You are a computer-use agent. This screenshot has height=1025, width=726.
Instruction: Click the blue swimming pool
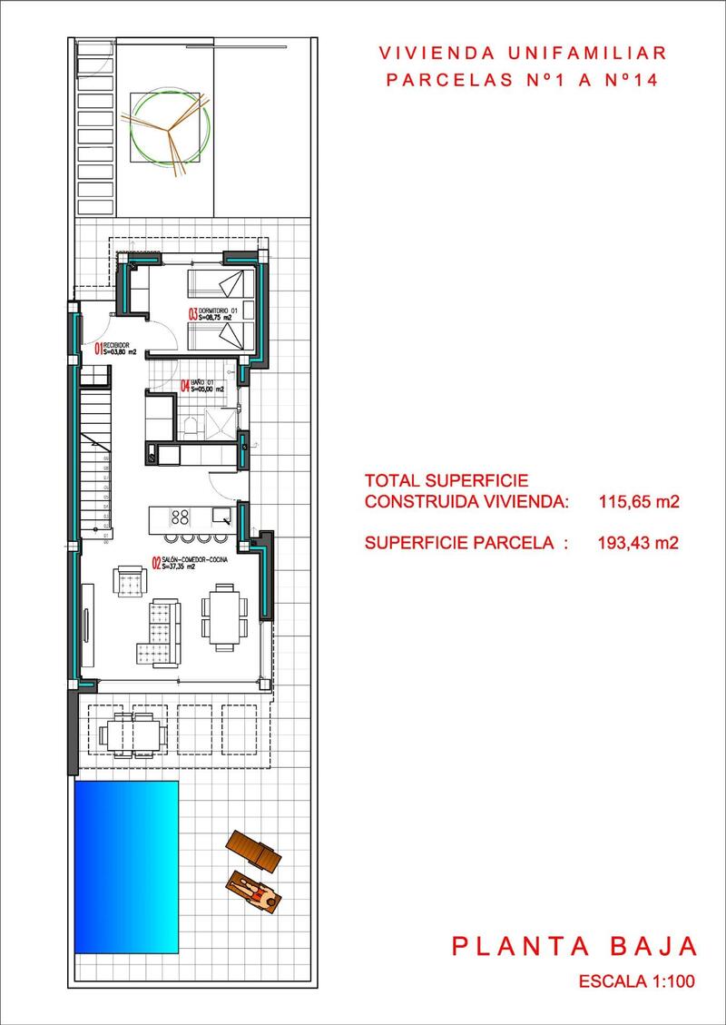125,867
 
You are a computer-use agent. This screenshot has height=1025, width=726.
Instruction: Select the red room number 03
193,314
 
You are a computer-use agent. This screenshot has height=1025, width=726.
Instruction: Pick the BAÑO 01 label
203,382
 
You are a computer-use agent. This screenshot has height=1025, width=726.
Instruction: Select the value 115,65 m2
640,500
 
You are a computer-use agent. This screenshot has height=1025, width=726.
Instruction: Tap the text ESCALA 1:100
636,982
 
